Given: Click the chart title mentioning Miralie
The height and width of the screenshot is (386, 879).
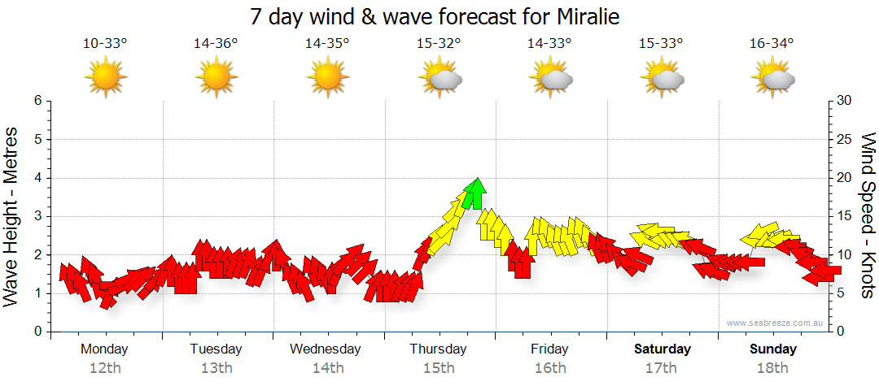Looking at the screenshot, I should (x=439, y=16).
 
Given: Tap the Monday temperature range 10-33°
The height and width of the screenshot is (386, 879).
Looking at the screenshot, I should (x=105, y=44).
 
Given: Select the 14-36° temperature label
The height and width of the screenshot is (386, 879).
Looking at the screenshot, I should (x=216, y=44).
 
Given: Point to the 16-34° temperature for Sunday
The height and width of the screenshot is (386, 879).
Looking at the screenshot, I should (x=772, y=44).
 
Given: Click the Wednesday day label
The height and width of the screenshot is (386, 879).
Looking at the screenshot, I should (x=326, y=349).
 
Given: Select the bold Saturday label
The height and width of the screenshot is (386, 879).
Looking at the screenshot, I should (x=663, y=349).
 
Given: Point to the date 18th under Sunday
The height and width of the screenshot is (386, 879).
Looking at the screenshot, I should (x=773, y=367).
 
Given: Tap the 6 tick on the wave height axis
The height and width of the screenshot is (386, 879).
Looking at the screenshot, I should (x=37, y=101).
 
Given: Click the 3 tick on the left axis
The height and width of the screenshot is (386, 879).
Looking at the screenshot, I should (x=37, y=216).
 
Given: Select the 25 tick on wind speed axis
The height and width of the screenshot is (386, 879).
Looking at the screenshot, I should (x=844, y=139).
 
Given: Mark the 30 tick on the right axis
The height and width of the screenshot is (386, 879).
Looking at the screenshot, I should (x=844, y=101).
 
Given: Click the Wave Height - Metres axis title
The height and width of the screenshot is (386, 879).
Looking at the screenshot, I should (x=12, y=216).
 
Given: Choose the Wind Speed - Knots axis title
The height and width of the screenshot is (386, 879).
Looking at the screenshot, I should (x=868, y=216).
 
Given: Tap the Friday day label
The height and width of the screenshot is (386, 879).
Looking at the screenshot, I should (x=550, y=349).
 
